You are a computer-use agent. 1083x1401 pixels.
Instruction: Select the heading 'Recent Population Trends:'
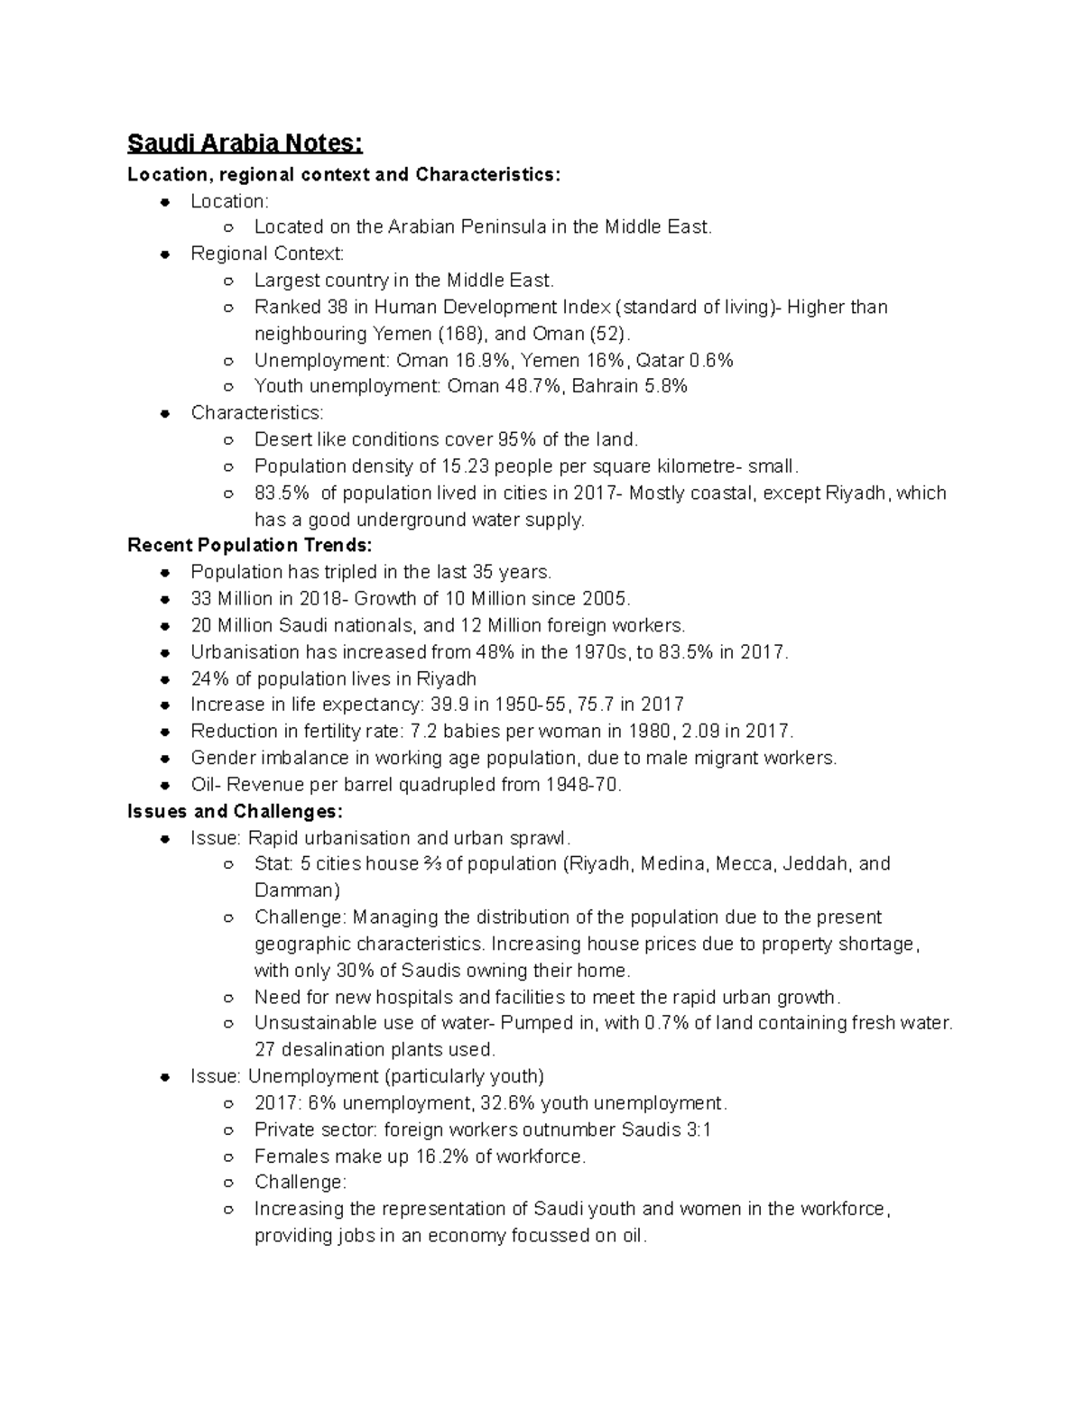click(249, 545)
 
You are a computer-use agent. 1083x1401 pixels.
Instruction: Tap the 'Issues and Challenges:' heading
click(235, 811)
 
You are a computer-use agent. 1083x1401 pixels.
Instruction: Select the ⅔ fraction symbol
click(432, 864)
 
